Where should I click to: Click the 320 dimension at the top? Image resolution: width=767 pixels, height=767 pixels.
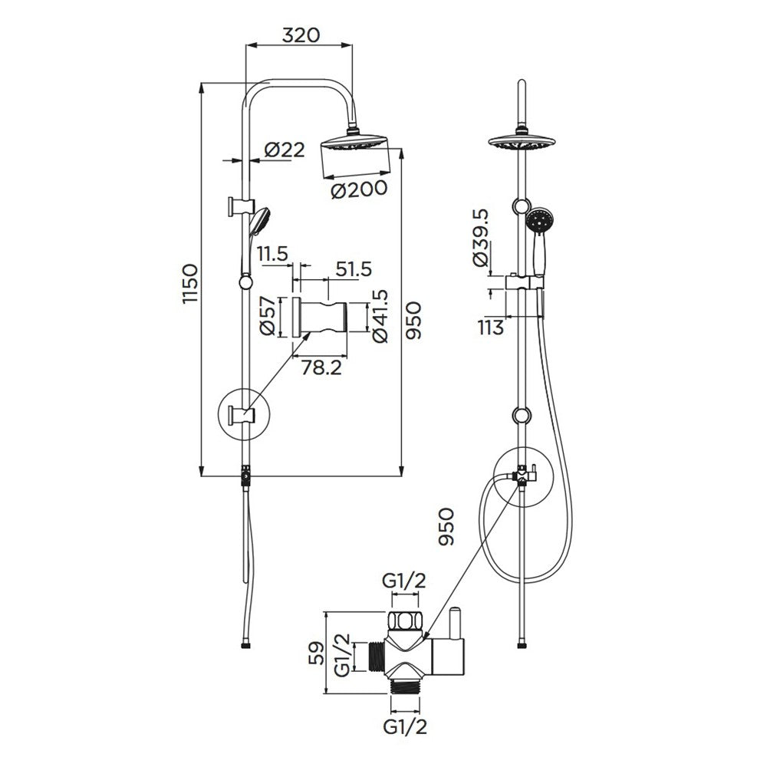point(299,35)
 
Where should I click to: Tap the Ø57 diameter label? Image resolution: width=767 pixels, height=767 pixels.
point(267,317)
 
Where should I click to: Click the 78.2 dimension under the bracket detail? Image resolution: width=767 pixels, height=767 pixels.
point(321,368)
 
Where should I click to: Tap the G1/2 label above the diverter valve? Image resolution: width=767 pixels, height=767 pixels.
point(404,581)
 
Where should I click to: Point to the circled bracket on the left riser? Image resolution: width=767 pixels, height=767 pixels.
point(245,416)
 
